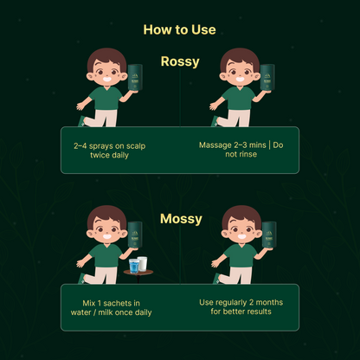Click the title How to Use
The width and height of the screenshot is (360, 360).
(x=179, y=29)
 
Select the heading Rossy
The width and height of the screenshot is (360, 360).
(x=180, y=61)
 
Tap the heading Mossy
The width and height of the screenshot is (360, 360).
(x=180, y=219)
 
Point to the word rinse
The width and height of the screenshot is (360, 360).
(x=254, y=155)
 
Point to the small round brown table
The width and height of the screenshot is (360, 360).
(x=138, y=273)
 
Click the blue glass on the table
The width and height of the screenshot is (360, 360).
(x=133, y=264)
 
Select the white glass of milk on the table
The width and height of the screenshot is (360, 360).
(x=142, y=263)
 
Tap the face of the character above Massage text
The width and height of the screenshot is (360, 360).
(x=240, y=74)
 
